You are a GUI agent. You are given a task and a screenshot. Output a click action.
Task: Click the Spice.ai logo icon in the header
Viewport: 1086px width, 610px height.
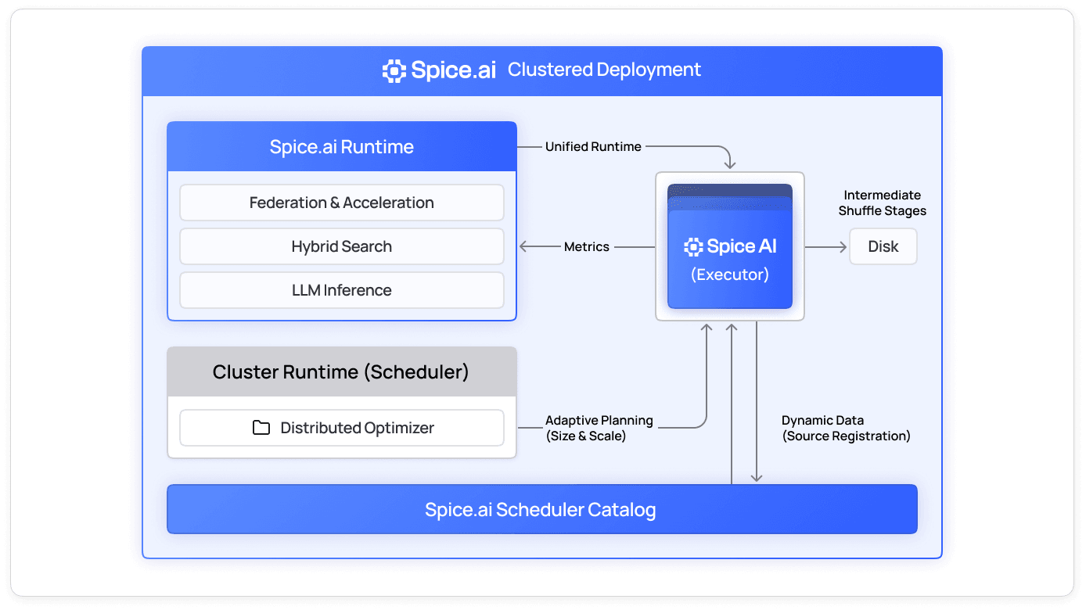click(394, 70)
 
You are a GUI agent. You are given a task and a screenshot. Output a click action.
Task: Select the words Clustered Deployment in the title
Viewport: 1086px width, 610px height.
click(604, 70)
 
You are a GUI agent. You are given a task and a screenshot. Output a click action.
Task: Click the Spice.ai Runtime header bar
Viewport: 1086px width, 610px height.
click(342, 146)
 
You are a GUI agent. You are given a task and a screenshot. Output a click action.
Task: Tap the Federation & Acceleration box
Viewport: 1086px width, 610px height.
click(342, 203)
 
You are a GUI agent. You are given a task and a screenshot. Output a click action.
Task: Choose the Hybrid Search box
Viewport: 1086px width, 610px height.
click(342, 246)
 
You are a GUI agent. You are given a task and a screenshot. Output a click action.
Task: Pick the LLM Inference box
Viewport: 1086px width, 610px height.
click(342, 290)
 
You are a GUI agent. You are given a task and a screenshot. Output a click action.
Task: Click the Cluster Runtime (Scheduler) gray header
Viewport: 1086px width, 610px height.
click(342, 371)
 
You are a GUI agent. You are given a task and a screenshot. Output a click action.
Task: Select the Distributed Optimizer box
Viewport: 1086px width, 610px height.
click(342, 428)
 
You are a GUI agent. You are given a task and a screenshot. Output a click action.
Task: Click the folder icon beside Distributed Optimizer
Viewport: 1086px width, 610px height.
click(261, 428)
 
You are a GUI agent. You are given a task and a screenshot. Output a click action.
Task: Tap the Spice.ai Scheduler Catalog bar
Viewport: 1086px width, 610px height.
click(541, 510)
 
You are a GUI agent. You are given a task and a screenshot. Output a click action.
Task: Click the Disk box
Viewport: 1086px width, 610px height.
click(883, 246)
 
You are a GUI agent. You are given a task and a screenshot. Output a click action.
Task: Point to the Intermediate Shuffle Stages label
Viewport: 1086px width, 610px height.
click(882, 203)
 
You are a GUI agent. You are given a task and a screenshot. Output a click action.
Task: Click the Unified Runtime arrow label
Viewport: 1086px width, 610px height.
click(593, 146)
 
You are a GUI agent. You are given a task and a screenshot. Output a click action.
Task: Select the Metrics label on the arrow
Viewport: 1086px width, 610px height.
click(586, 246)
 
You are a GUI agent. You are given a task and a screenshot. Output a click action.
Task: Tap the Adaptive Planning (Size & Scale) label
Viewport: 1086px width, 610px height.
click(599, 428)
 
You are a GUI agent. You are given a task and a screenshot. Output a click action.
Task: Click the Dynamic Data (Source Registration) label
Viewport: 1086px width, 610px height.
click(846, 428)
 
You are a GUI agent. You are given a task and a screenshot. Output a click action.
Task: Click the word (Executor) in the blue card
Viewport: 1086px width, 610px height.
click(729, 274)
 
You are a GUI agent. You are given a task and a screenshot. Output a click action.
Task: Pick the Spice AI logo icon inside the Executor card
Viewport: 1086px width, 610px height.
click(693, 247)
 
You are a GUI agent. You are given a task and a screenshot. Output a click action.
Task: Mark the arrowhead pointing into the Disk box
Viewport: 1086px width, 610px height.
click(843, 246)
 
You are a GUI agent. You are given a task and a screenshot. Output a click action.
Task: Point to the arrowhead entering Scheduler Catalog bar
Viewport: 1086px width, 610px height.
click(757, 478)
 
